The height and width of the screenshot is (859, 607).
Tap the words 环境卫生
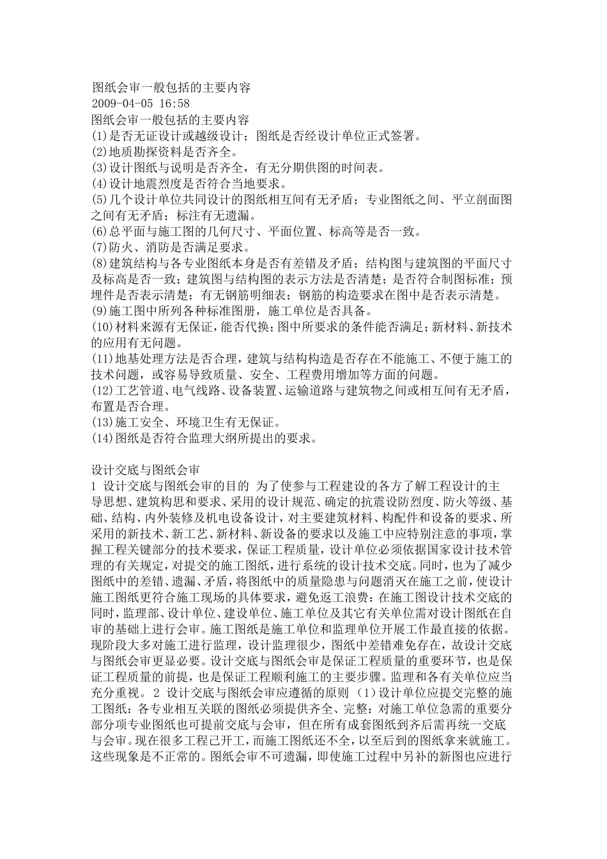click(201, 423)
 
